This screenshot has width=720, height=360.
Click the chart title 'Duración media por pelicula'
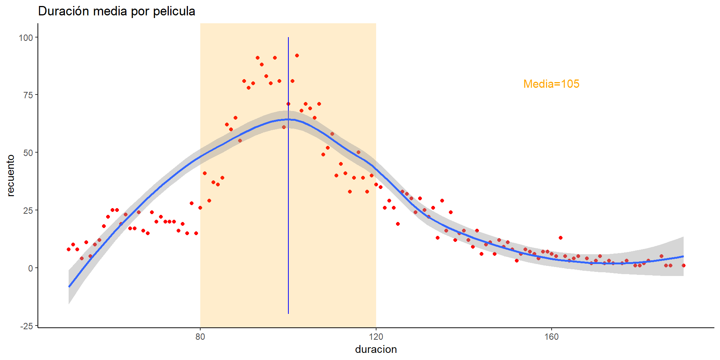(117, 11)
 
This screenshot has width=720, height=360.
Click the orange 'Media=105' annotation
(551, 84)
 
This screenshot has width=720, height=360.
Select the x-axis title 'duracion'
(376, 349)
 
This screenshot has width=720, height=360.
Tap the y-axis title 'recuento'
(10, 175)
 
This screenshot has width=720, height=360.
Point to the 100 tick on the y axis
(26, 37)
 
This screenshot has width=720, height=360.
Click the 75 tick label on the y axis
(28, 95)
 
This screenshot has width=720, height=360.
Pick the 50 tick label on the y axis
(28, 153)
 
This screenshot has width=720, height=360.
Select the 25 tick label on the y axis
(28, 210)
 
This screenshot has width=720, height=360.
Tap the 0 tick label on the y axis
(31, 268)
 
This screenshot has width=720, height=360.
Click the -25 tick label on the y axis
(27, 326)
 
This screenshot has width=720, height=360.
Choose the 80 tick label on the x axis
(200, 337)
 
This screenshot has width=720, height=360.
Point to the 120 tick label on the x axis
(376, 337)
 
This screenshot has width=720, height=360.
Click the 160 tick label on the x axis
(552, 337)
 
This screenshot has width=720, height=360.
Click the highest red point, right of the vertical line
(297, 55)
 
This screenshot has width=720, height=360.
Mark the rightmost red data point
(684, 265)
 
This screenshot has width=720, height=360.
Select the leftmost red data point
(69, 249)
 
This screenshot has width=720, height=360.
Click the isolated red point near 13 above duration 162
(561, 238)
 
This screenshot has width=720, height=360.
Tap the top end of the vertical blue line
(288, 38)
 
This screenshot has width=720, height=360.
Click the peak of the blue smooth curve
(288, 119)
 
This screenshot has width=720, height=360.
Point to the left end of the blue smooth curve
(69, 286)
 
